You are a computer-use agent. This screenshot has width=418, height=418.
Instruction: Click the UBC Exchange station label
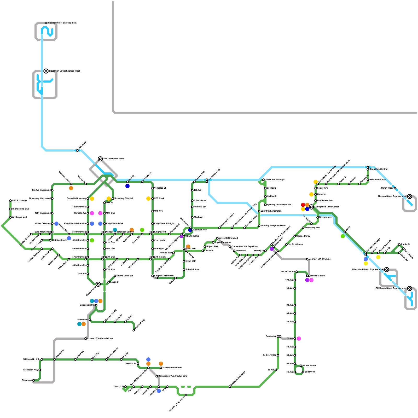click(x=19, y=201)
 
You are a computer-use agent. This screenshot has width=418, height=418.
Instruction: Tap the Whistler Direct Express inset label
click(x=62, y=23)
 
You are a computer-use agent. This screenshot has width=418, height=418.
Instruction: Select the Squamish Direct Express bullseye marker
click(x=46, y=71)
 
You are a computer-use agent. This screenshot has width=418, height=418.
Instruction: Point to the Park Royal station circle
click(x=77, y=150)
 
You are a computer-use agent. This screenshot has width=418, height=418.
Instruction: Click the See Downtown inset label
click(x=113, y=159)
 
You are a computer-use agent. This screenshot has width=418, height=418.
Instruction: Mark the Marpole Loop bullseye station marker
click(x=98, y=284)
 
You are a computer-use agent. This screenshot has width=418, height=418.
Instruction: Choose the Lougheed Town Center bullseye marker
click(x=311, y=207)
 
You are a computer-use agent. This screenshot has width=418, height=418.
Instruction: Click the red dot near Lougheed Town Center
click(x=303, y=205)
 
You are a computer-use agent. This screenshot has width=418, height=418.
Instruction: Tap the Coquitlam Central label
click(x=378, y=169)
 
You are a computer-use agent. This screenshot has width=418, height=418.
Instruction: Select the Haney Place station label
click(x=387, y=188)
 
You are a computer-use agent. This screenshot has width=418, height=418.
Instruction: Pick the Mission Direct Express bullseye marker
click(x=410, y=196)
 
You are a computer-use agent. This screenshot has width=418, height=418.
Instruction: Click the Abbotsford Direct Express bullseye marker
click(x=387, y=270)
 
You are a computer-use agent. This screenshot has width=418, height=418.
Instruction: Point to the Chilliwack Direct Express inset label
click(x=391, y=288)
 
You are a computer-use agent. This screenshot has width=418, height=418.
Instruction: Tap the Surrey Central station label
click(x=318, y=276)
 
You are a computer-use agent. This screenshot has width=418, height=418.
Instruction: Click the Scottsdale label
click(x=271, y=336)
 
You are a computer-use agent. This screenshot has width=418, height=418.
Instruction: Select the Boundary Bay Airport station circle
click(x=186, y=395)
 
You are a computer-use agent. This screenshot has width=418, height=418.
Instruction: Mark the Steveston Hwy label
click(x=31, y=370)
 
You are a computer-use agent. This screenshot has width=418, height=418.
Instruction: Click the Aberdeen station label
click(x=82, y=320)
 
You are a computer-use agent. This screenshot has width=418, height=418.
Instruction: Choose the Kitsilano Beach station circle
click(x=71, y=184)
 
